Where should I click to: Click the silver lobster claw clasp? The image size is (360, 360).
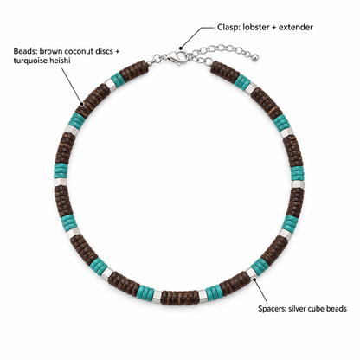pos(177,57)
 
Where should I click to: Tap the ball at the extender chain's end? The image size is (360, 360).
pos(254,58)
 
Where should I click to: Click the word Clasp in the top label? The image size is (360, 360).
pos(226,28)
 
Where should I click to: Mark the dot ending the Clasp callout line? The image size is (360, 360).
pos(181,48)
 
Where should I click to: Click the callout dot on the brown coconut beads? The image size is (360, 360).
pos(82,104)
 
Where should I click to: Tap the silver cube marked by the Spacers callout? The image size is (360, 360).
pos(252,273)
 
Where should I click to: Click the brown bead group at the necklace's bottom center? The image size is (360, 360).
pos(179,297)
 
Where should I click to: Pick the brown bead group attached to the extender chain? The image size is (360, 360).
pos(225,72)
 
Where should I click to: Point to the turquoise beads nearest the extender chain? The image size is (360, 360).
pos(244,83)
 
